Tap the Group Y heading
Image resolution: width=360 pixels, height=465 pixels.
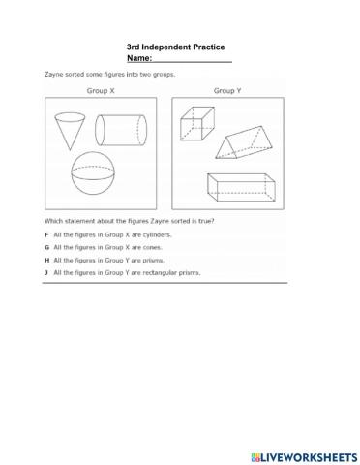click(x=227, y=90)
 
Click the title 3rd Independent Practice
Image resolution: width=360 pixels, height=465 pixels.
click(x=183, y=46)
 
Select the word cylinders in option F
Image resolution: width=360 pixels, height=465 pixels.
click(x=138, y=234)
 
